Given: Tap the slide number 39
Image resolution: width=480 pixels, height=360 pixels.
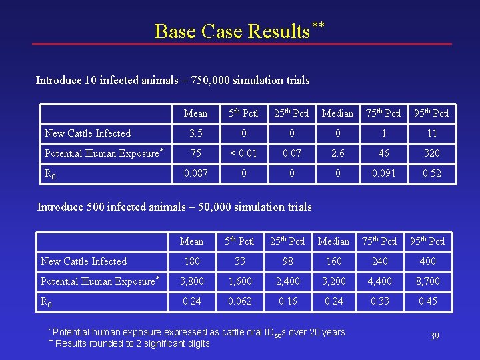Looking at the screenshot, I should (x=434, y=336).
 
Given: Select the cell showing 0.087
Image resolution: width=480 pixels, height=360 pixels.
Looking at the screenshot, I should (x=195, y=173).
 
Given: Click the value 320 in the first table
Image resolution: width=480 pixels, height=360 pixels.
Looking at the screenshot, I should (x=432, y=153).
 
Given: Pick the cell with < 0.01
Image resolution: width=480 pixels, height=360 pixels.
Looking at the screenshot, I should (x=243, y=153).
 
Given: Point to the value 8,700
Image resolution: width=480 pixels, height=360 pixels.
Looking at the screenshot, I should (x=428, y=281).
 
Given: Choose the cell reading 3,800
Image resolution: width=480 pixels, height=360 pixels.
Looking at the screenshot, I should (x=192, y=281).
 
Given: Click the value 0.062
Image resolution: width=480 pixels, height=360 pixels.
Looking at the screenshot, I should (x=240, y=301).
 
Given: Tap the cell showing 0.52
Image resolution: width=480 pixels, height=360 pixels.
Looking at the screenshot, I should (x=432, y=173).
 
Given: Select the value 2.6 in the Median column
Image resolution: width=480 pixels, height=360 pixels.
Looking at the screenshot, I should (x=338, y=153).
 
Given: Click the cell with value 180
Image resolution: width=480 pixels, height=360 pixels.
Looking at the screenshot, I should (x=192, y=261).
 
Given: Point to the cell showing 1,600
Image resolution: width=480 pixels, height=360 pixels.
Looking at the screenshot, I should (x=240, y=281).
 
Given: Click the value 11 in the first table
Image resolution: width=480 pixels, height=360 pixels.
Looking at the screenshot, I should (x=432, y=133).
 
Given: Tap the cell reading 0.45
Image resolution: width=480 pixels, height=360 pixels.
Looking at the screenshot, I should (x=428, y=301).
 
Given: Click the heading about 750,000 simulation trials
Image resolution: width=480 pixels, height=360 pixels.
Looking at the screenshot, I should (x=173, y=81).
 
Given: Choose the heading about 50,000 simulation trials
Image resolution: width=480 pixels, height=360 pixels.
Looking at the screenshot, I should (x=174, y=207).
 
